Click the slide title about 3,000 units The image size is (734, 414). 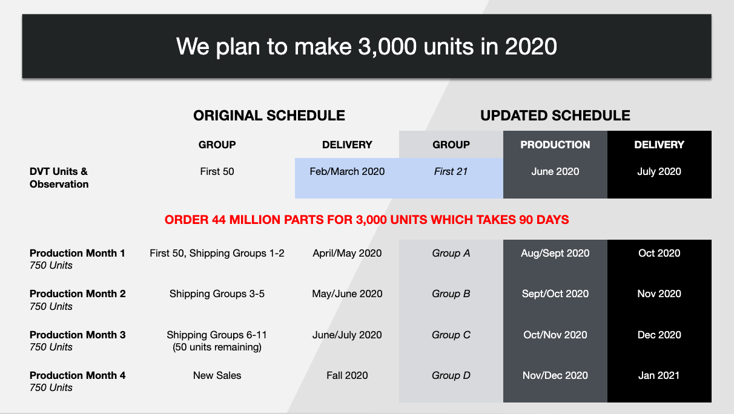[x=366, y=46]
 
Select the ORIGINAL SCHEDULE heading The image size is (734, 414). [x=269, y=116]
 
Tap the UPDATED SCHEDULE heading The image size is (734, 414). [x=555, y=116]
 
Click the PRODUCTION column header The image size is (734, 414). [x=555, y=145]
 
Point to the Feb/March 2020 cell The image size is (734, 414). [x=347, y=171]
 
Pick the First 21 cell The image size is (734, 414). [x=451, y=171]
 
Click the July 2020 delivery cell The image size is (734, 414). [x=659, y=171]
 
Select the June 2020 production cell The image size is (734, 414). [x=555, y=171]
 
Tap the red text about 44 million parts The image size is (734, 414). [x=366, y=220]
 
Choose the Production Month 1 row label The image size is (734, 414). [x=78, y=253]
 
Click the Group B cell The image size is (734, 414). [x=451, y=294]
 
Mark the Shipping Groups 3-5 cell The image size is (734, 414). [x=217, y=294]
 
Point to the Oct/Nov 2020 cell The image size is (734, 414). [x=555, y=335]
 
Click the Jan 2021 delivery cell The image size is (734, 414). [x=659, y=375]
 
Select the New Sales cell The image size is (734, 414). [x=217, y=375]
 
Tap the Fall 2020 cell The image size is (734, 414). [x=347, y=375]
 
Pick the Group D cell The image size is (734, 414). [x=451, y=375]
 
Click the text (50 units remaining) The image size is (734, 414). [x=217, y=347]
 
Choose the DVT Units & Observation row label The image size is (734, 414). [x=59, y=177]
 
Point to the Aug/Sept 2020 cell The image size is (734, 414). [x=555, y=253]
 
